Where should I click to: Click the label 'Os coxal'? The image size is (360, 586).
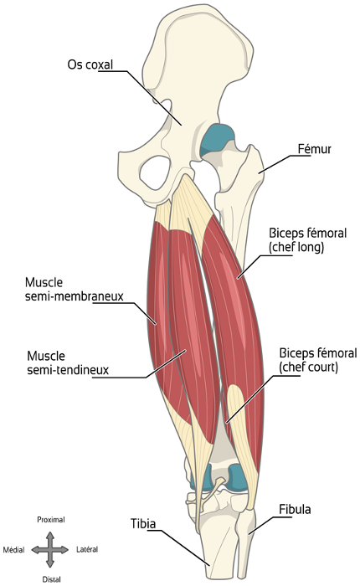(90, 64)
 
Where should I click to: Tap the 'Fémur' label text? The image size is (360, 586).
(315, 149)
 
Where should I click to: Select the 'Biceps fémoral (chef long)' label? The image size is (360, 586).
(307, 240)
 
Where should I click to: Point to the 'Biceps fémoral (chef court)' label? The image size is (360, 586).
(318, 360)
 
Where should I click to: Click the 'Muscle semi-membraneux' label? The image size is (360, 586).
(74, 289)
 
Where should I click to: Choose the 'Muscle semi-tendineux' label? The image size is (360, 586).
(68, 362)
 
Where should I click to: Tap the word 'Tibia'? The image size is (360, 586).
(143, 523)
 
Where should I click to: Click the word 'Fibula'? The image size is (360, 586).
(295, 509)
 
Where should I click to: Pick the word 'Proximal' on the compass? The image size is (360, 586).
(51, 520)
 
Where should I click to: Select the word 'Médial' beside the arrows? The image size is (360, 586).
(14, 550)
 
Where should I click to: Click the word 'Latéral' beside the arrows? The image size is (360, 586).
(87, 549)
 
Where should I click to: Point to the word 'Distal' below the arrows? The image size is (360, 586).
(52, 579)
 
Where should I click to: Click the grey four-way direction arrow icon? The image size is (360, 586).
(50, 550)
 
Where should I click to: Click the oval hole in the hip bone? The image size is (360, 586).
(155, 172)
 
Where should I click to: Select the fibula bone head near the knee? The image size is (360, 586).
(246, 522)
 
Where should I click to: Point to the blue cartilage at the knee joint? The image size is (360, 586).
(235, 475)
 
